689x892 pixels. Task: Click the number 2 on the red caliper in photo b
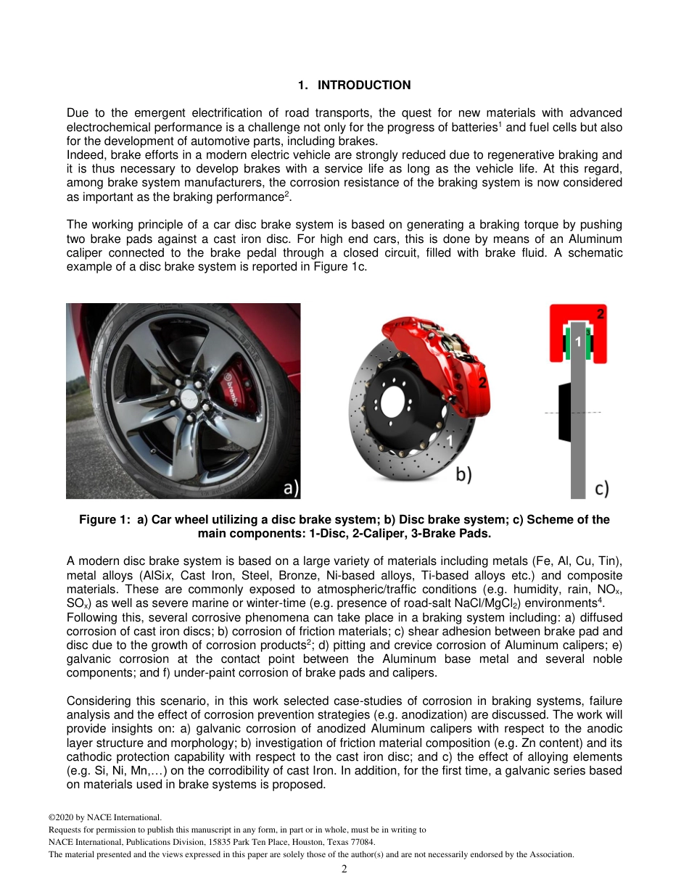[x=482, y=382]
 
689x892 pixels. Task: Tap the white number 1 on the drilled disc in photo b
[x=450, y=440]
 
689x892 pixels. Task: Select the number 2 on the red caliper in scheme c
[x=600, y=314]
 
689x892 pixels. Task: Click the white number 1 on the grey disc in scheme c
[x=578, y=340]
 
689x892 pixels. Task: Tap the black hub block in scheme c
[x=564, y=413]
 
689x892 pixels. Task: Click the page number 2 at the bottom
[x=344, y=869]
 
